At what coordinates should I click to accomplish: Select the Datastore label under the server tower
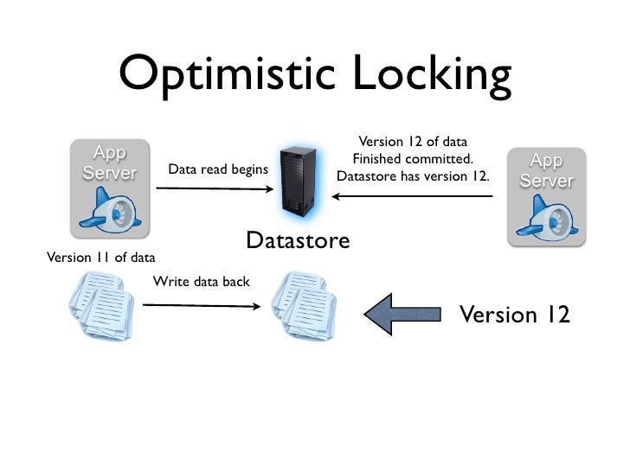(298, 241)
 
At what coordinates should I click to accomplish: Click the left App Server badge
(109, 163)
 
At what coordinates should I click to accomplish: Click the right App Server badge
(547, 171)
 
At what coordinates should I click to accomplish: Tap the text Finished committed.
(413, 159)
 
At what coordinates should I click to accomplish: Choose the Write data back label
(201, 281)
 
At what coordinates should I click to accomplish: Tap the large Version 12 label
(514, 315)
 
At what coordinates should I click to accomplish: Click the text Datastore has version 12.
(413, 177)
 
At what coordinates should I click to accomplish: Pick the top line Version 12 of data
(413, 142)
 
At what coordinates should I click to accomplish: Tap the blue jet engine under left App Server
(107, 210)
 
